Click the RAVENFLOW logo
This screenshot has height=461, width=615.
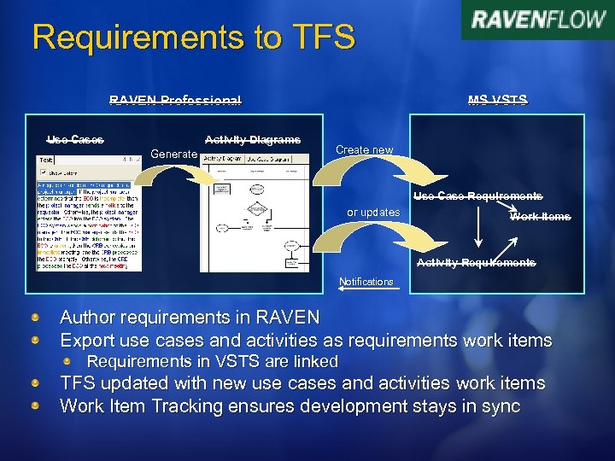pyautogui.click(x=538, y=20)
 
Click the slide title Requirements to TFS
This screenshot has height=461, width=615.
pyautogui.click(x=193, y=37)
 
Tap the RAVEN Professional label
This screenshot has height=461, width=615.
pyautogui.click(x=175, y=100)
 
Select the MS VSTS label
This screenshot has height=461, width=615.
pyautogui.click(x=497, y=100)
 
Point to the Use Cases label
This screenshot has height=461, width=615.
pyautogui.click(x=75, y=139)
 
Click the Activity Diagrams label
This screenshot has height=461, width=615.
pyautogui.click(x=253, y=139)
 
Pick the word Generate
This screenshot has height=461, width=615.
pyautogui.click(x=173, y=154)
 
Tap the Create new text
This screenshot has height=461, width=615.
pyautogui.click(x=365, y=150)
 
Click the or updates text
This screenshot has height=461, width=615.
pyautogui.click(x=373, y=213)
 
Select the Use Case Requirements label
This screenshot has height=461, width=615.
pyautogui.click(x=477, y=196)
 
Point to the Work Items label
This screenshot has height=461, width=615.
pyautogui.click(x=540, y=217)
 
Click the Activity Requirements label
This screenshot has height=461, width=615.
pyautogui.click(x=476, y=263)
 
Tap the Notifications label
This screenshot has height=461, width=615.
pyautogui.click(x=366, y=282)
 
